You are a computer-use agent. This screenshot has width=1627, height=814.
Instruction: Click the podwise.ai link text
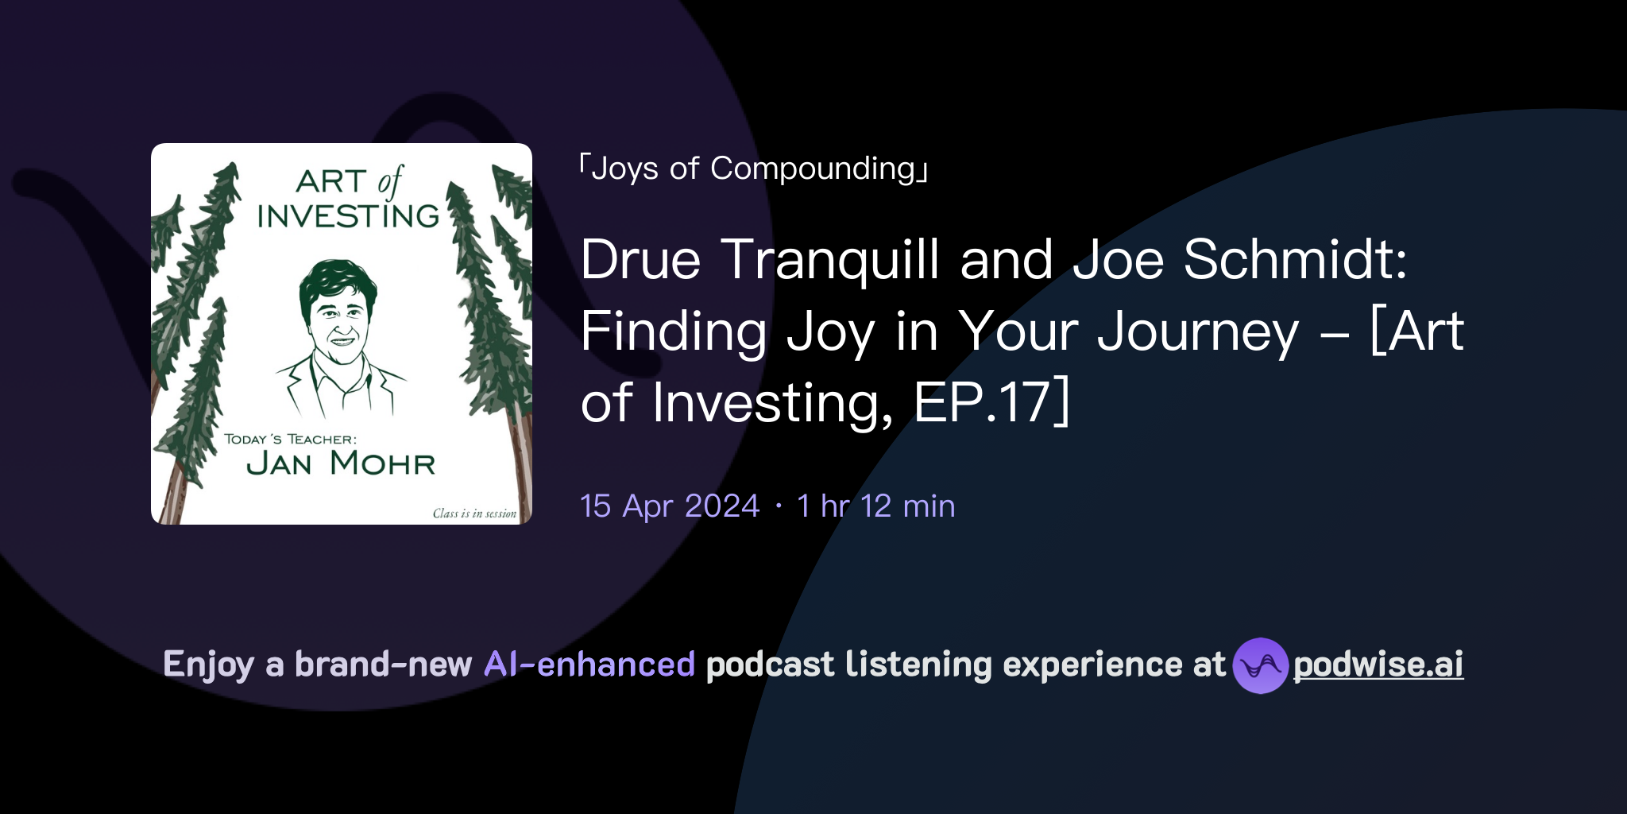point(1378,665)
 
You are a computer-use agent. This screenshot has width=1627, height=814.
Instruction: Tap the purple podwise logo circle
point(1260,665)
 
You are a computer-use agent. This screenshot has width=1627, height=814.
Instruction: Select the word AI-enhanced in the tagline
point(589,665)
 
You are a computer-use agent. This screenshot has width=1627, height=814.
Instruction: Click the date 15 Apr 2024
point(670,506)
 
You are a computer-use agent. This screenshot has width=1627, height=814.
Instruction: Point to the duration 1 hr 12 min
point(875,506)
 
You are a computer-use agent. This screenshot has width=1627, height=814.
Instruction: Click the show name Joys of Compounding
point(753,169)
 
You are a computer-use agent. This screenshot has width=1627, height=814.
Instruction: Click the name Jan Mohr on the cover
point(341,463)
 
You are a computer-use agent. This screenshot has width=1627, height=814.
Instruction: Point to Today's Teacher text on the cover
point(290,439)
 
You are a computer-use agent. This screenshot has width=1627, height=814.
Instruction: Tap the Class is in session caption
point(474,514)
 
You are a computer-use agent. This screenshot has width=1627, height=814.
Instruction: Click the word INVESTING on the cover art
point(348,216)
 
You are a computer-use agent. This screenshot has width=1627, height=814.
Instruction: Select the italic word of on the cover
point(390,182)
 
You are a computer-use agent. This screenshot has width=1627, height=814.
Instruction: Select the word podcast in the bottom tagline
point(770,665)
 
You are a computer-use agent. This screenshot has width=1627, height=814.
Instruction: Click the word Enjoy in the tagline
point(208,665)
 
